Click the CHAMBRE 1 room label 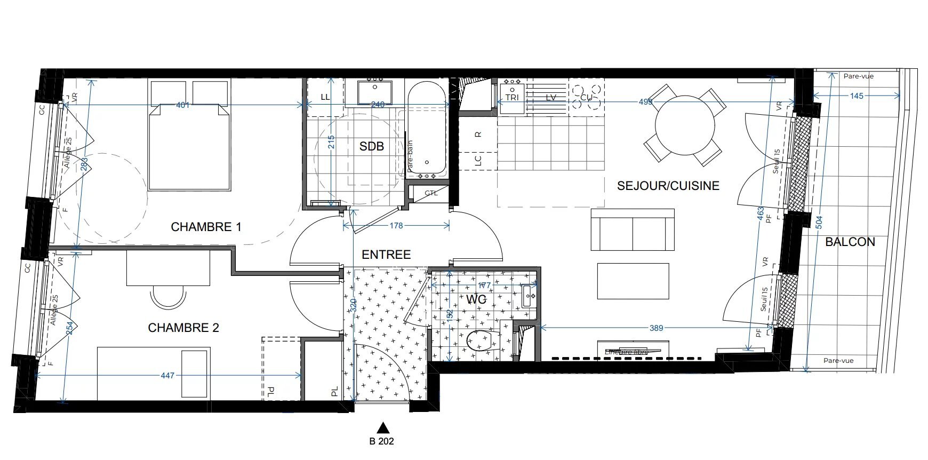206,227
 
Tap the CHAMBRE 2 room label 183,328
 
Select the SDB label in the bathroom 371,146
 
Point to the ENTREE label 386,255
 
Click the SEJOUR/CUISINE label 668,186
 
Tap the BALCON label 850,242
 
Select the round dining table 684,125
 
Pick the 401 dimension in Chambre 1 182,105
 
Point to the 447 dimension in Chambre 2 167,376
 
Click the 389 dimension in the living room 656,328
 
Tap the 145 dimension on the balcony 857,96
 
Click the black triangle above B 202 382,427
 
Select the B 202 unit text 382,441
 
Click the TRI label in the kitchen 511,98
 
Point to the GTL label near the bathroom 431,193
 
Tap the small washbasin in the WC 529,295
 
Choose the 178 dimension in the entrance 396,226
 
